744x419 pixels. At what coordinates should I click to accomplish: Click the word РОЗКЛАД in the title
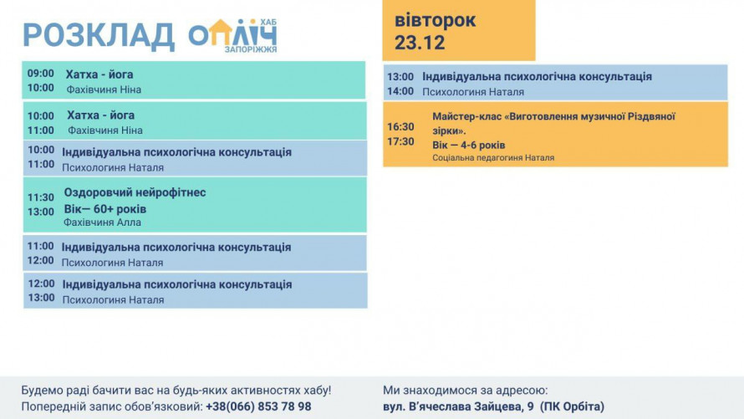tap(98, 36)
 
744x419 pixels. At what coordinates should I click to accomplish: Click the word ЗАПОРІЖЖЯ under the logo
tap(250, 49)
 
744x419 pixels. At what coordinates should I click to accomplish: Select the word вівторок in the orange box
tap(436, 20)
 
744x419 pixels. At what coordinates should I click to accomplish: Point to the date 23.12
tap(420, 43)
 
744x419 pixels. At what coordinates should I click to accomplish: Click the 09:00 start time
tap(41, 74)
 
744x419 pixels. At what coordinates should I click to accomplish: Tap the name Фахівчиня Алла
tap(102, 222)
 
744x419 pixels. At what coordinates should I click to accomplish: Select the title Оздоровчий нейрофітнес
tap(135, 192)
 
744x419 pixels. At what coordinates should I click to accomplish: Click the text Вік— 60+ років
tap(105, 208)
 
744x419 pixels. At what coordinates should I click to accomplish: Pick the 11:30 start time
tap(41, 197)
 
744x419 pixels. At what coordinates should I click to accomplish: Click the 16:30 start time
tap(400, 126)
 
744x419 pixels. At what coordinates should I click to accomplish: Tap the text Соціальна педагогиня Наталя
tap(493, 157)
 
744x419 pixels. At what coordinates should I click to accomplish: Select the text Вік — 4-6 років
tap(469, 145)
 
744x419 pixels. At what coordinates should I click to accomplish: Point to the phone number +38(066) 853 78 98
tap(258, 406)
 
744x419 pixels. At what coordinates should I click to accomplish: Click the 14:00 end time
tap(400, 91)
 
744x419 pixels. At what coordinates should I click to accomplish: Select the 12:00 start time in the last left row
tap(41, 284)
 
